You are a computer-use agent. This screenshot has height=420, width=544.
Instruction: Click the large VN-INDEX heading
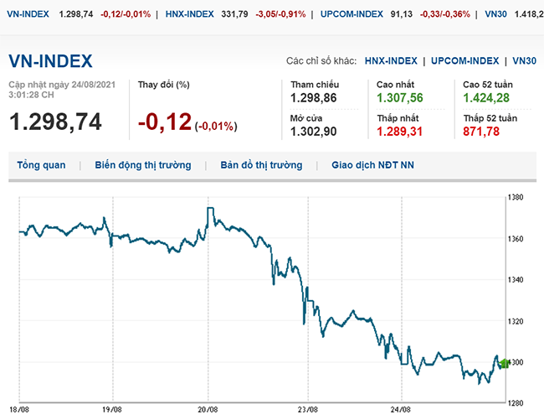coord(50,61)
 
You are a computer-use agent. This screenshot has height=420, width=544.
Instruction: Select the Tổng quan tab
coord(41,165)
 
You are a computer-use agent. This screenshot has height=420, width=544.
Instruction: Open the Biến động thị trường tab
coord(142,165)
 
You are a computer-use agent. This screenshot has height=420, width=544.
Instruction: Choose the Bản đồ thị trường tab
coord(261,165)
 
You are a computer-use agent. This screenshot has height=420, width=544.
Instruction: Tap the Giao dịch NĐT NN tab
coord(372,165)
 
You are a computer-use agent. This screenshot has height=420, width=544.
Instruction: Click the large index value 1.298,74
coord(55,122)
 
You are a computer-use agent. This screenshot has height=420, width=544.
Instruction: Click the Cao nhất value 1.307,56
coord(401,99)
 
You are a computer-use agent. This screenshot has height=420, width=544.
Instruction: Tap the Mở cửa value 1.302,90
coord(313,132)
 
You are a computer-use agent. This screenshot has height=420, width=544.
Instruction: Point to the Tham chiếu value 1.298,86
coord(314,99)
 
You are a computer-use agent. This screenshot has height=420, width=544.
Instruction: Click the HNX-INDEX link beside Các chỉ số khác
coord(390,61)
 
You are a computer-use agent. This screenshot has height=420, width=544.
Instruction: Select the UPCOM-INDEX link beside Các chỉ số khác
coord(465,61)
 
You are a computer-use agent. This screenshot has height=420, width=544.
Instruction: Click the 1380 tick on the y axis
coord(517,198)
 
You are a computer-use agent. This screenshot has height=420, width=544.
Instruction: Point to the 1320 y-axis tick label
coord(517,321)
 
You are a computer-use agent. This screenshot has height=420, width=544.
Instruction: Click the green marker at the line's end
coord(503,363)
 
